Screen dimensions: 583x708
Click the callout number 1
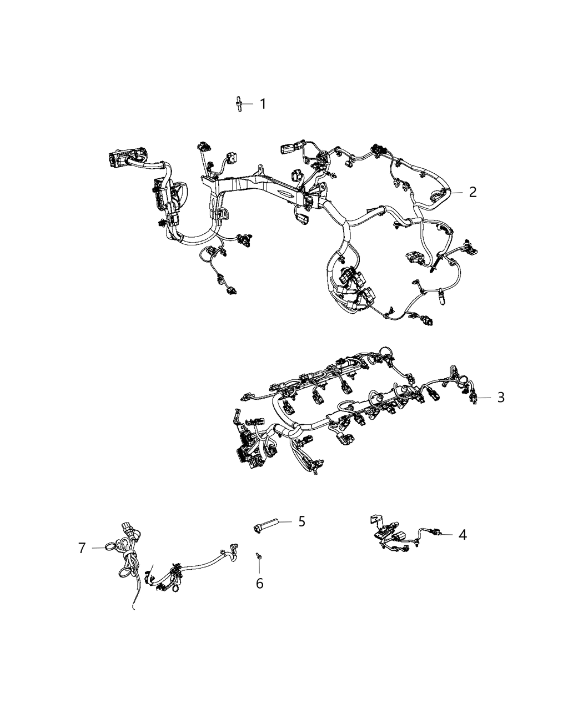263,104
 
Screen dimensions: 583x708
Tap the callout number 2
473,192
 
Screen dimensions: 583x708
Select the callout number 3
501,397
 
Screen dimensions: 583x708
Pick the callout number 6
259,583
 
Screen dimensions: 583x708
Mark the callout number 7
82,548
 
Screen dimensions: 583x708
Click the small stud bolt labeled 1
239,103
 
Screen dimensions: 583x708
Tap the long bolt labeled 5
266,524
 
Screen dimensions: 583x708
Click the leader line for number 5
285,522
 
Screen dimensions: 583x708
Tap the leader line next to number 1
248,104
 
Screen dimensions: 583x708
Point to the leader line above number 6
259,566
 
